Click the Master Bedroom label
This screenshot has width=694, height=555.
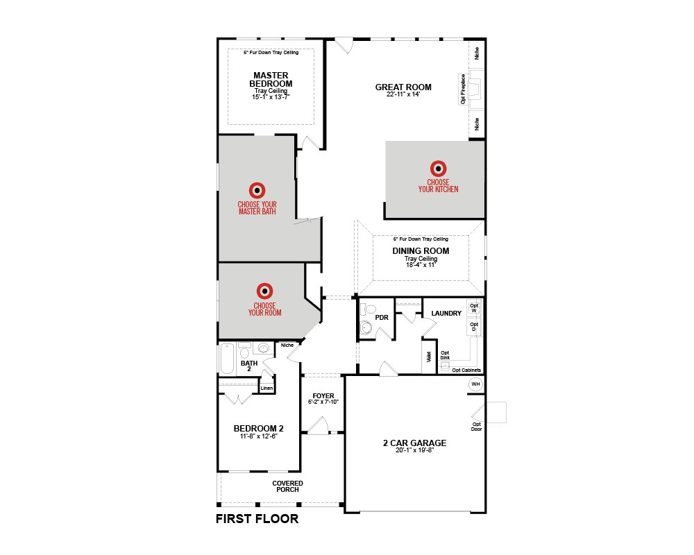(x=271, y=80)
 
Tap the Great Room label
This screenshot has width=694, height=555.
(x=403, y=87)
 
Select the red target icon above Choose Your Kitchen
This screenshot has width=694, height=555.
(x=438, y=168)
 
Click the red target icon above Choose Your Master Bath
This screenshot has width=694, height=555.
(x=257, y=190)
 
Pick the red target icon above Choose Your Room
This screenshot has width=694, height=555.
(x=264, y=291)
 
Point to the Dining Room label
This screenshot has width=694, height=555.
(x=421, y=251)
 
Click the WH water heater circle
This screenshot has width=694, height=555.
(x=475, y=384)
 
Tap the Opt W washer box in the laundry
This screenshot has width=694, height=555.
(x=474, y=308)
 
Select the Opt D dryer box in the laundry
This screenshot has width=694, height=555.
(x=474, y=327)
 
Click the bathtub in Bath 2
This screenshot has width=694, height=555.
(x=227, y=359)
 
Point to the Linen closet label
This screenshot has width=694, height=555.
(x=266, y=388)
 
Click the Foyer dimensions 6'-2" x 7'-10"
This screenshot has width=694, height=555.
(x=323, y=402)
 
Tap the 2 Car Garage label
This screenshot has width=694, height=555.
(x=415, y=443)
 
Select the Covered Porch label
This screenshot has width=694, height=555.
(x=288, y=486)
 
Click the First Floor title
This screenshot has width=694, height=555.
(x=257, y=519)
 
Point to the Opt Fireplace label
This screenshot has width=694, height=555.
(x=463, y=89)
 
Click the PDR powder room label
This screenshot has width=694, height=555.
(x=382, y=317)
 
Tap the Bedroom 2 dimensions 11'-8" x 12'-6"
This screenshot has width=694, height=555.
(x=258, y=436)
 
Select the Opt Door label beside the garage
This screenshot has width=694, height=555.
(x=476, y=427)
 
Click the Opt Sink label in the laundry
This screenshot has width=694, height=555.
(x=445, y=355)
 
